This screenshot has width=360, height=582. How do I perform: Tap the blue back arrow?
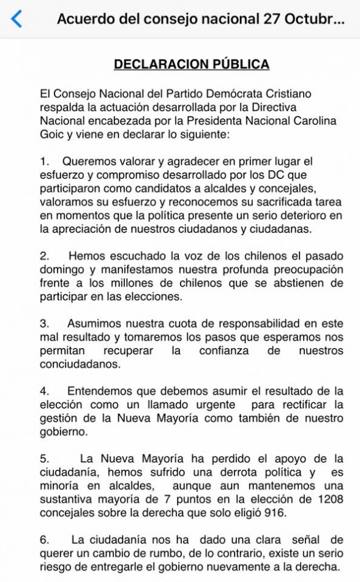coord(17,19)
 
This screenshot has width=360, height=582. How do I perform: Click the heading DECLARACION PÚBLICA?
coord(192,64)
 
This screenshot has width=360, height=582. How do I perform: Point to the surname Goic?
coord(52,134)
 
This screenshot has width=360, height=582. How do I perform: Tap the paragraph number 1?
coord(44,162)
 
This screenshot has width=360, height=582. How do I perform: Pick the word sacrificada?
coord(266,202)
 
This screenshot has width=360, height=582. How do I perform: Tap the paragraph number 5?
coord(44,458)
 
